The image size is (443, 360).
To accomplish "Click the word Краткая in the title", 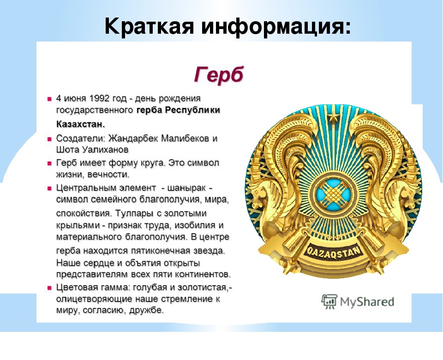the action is [150, 27].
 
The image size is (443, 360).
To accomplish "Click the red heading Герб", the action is [219, 75].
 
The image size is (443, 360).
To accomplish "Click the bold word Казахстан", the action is [80, 124].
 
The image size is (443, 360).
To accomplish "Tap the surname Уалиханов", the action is [105, 150].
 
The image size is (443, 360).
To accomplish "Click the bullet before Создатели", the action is [49, 139].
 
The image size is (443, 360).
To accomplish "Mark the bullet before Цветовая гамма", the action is [49, 288].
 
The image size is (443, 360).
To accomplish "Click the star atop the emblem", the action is [334, 116].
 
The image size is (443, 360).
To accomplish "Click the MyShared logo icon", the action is [329, 302].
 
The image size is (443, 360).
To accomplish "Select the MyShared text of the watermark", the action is [367, 302].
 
